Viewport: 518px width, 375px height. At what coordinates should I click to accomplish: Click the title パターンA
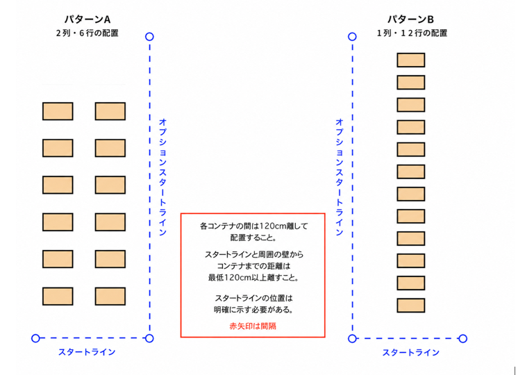click(87, 19)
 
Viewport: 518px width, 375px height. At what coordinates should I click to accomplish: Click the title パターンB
click(410, 19)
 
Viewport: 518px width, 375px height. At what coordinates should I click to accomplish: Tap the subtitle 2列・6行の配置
click(87, 33)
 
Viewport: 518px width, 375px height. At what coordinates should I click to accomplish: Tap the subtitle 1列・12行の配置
click(412, 33)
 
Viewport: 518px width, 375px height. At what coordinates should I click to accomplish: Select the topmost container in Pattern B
click(410, 60)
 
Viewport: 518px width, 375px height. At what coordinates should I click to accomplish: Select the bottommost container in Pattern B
click(410, 306)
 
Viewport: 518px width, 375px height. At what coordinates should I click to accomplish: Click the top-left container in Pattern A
click(58, 111)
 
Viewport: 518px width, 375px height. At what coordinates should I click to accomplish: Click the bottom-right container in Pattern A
click(110, 296)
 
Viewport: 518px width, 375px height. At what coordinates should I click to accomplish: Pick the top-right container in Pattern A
click(110, 111)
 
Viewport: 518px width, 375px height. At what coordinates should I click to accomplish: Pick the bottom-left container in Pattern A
click(58, 296)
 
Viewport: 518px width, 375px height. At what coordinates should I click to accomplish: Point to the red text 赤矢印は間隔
click(253, 326)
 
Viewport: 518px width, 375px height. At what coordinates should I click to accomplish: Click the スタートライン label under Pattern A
click(87, 352)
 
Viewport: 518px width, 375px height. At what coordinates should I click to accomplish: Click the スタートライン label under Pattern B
click(410, 352)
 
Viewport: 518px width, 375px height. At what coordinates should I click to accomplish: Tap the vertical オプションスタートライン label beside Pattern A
click(162, 177)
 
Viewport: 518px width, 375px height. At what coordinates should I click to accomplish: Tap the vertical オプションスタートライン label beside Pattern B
click(340, 177)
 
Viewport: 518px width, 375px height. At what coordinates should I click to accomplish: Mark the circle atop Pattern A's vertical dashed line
click(149, 37)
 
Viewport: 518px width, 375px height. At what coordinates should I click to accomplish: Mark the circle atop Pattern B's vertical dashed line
click(352, 37)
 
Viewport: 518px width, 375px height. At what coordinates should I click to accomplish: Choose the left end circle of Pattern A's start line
click(35, 338)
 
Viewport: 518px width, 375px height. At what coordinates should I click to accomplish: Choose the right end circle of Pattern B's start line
click(463, 338)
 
